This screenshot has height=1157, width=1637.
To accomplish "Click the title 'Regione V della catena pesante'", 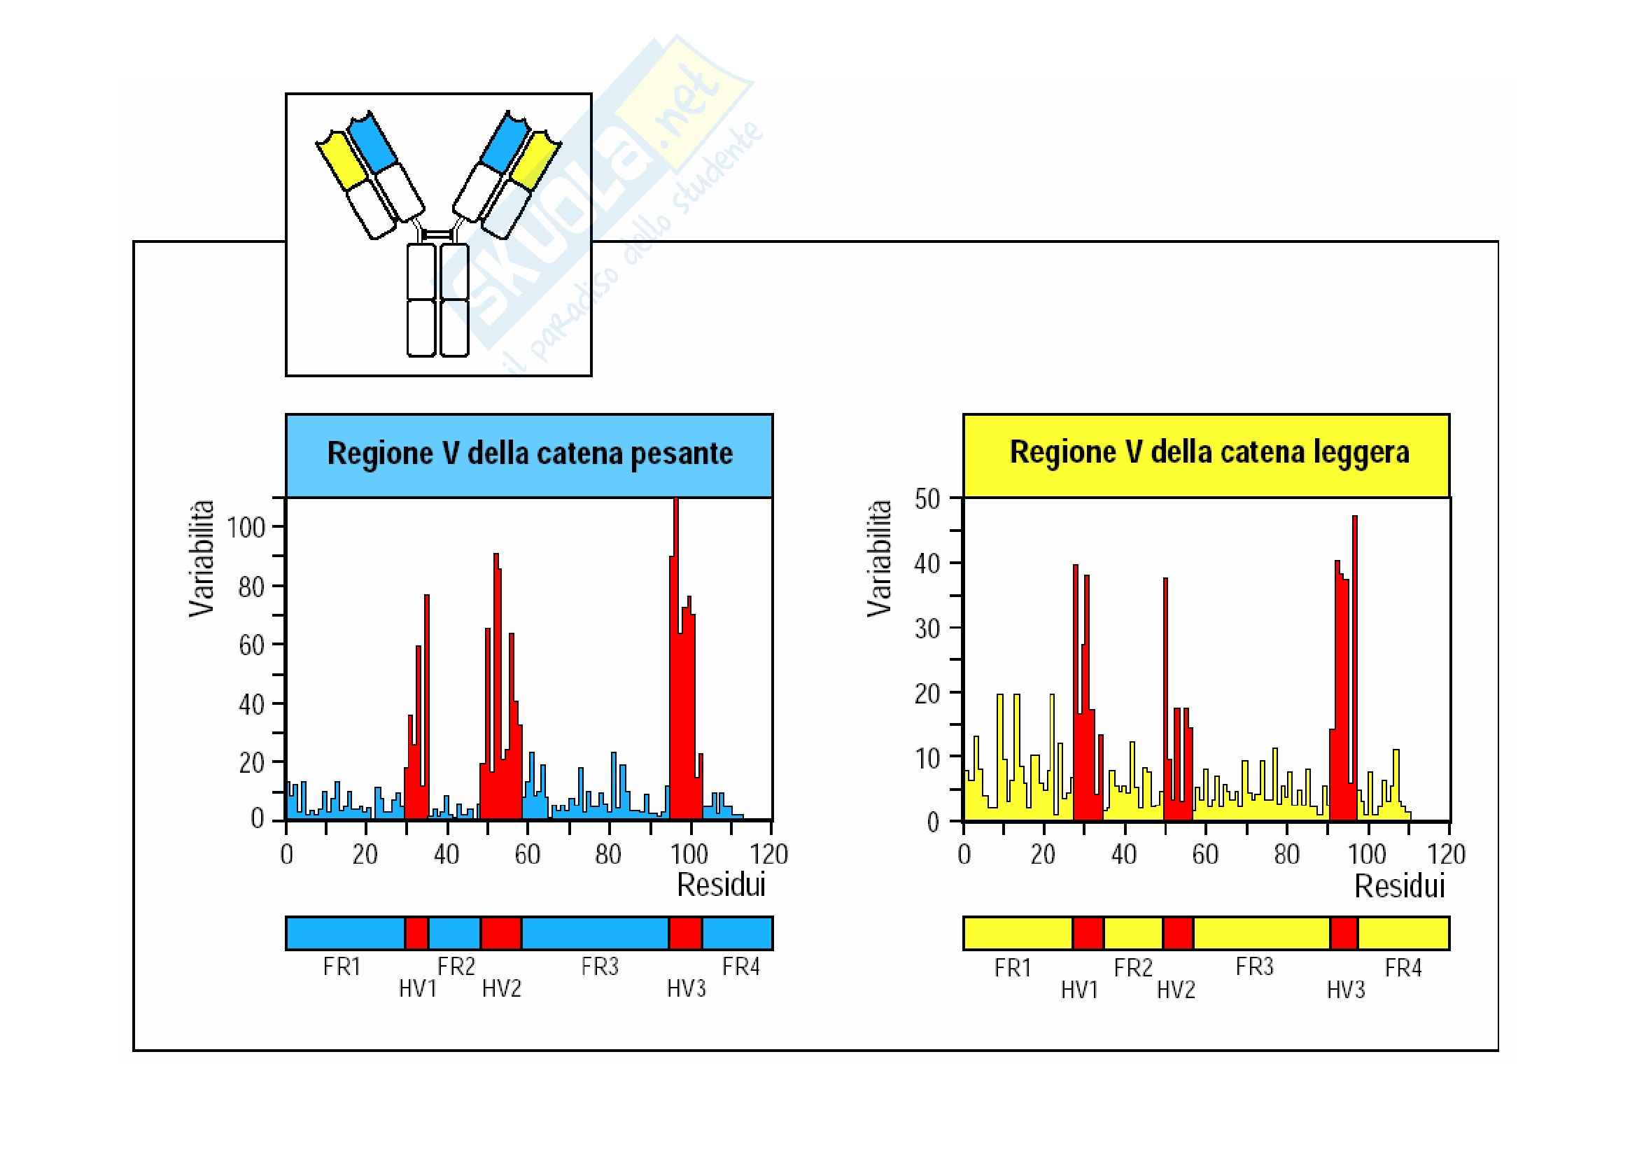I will (x=529, y=454).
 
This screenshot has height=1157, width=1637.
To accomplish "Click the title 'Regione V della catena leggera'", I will (x=1209, y=453).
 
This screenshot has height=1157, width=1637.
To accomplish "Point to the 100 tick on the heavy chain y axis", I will (x=246, y=528).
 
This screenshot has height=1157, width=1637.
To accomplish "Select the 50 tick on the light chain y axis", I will (x=927, y=499).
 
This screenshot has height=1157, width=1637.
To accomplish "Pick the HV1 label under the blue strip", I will (x=418, y=989).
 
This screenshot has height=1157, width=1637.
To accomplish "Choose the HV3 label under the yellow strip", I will (x=1345, y=990).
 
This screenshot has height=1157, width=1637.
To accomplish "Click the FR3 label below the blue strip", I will (x=600, y=967).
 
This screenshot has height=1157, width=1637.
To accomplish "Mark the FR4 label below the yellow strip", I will (x=1403, y=968).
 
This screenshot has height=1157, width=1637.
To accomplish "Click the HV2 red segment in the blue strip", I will (x=500, y=933).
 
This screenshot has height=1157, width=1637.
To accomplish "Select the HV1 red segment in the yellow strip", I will (x=1088, y=934).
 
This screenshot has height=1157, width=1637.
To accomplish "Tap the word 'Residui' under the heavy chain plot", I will (x=721, y=885).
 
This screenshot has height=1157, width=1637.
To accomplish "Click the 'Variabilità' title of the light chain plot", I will (x=880, y=558).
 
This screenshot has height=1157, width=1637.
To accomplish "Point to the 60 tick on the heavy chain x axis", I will (x=528, y=854).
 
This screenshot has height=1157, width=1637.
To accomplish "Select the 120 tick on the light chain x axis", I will (x=1447, y=854).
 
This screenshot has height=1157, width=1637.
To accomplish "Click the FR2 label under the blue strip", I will (x=456, y=967).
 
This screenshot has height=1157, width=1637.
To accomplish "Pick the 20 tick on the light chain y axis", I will (x=927, y=693).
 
